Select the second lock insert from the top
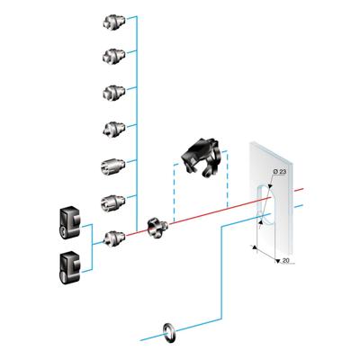point(113,57)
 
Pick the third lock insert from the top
point(113,92)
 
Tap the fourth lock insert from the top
point(113,128)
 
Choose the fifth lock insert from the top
point(113,166)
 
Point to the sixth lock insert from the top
point(113,202)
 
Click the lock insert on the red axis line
point(113,238)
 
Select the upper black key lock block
point(68,220)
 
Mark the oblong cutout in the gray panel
point(261,207)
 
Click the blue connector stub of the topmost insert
point(130,19)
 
